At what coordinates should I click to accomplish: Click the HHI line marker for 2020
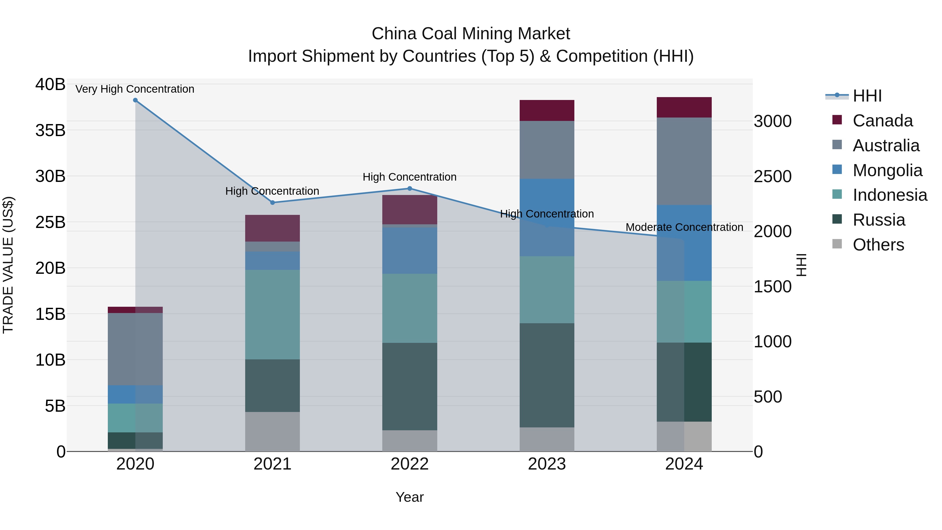135,100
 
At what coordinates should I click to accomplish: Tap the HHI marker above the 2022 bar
410,189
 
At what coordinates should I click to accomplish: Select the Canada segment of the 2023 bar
547,110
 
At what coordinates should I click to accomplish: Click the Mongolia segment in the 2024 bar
684,243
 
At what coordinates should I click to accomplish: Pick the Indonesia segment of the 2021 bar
272,315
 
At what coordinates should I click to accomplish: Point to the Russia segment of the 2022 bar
410,386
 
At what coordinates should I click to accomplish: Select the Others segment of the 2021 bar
272,432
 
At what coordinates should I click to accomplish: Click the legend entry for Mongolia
887,170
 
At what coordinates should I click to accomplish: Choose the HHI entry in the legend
867,96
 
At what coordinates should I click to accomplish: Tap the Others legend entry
878,245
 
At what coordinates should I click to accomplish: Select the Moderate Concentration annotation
684,227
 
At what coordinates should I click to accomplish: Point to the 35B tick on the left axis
51,131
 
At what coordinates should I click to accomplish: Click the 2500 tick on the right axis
772,176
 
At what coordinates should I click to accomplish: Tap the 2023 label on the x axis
547,464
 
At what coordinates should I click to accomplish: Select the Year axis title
410,497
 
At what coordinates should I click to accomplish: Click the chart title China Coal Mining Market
471,34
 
